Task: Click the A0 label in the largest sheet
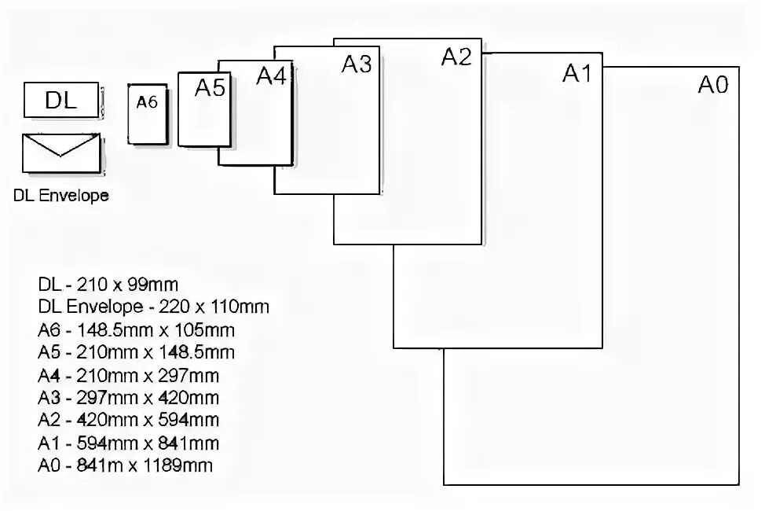pos(713,85)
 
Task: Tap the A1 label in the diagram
pos(577,73)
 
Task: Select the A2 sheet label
pos(456,57)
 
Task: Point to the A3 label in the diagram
pos(356,64)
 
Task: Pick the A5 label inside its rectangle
pos(210,88)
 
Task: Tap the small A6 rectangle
pos(148,114)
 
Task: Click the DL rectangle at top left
pos(61,101)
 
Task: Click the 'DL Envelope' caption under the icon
pos(61,195)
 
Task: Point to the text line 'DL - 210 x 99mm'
pos(113,284)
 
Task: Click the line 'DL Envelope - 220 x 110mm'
pos(153,307)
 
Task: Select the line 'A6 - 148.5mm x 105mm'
pos(136,329)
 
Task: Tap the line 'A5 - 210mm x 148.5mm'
pos(136,352)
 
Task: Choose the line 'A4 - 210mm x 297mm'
pos(128,375)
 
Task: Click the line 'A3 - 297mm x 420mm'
pos(128,398)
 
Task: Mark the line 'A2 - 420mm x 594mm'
pos(128,421)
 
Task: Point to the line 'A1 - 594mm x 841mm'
pos(128,443)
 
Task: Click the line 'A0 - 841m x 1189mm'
pos(125,466)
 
